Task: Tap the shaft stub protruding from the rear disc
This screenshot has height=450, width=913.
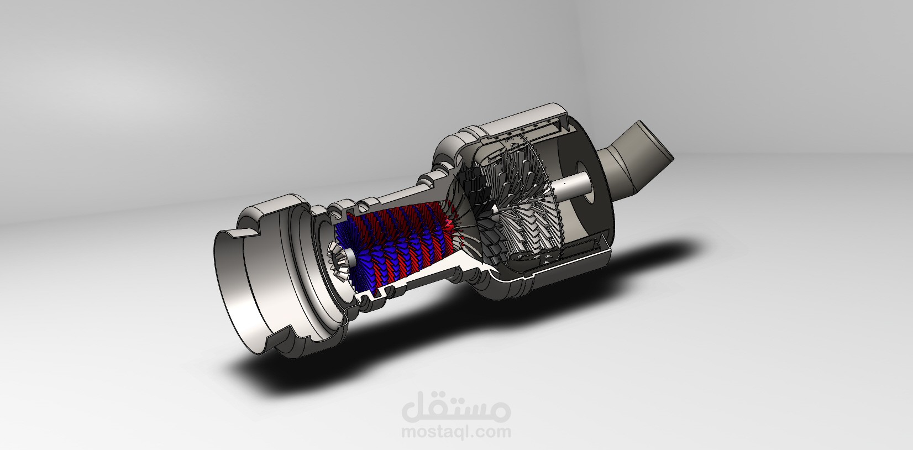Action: pyautogui.click(x=572, y=186)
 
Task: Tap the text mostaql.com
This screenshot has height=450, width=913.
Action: pyautogui.click(x=457, y=432)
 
